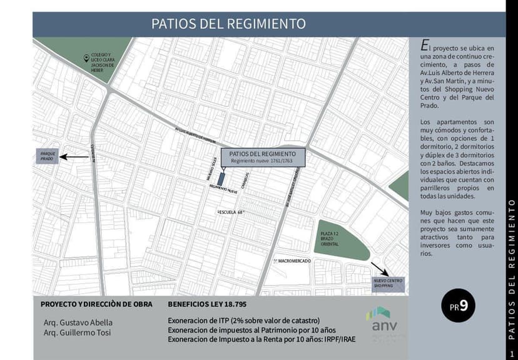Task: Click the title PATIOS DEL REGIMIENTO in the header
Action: click(x=228, y=24)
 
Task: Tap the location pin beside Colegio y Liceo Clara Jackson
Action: click(x=86, y=58)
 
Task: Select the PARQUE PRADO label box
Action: click(x=47, y=157)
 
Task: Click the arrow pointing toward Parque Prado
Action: click(x=74, y=157)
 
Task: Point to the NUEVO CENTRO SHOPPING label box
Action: click(x=388, y=282)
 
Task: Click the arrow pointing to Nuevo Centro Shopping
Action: click(x=378, y=270)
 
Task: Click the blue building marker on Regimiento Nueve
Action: click(x=221, y=177)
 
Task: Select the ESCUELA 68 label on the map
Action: click(x=230, y=212)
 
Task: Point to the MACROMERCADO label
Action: click(x=292, y=260)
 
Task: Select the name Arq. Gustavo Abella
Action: click(x=78, y=322)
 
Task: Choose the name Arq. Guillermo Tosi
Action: click(x=77, y=332)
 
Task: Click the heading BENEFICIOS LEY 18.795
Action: click(x=207, y=304)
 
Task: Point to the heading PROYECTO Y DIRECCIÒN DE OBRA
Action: click(x=93, y=304)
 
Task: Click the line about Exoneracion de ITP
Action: click(x=243, y=321)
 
